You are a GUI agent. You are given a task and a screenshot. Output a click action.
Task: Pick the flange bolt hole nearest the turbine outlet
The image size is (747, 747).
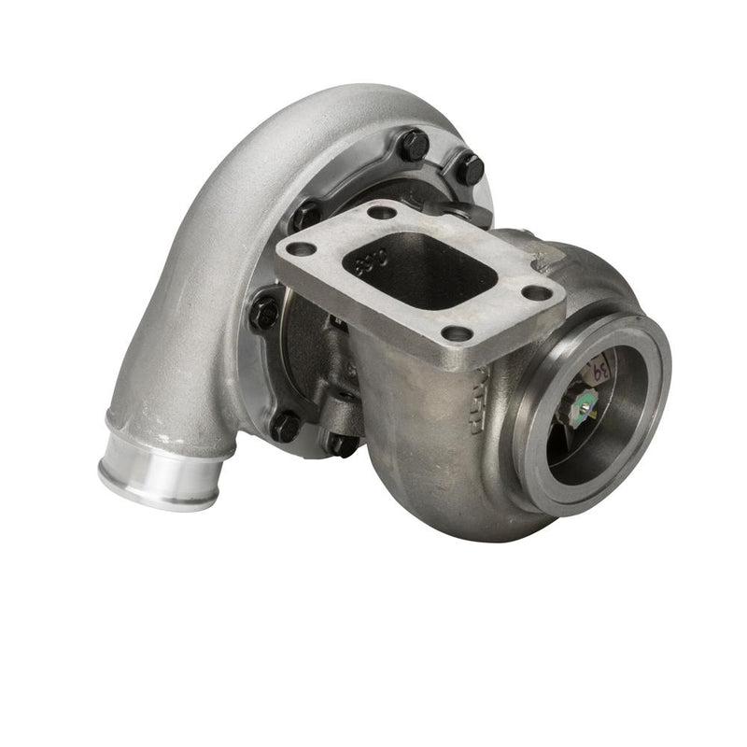click(x=537, y=293)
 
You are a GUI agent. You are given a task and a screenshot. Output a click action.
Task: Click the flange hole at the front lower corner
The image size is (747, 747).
click(x=457, y=332)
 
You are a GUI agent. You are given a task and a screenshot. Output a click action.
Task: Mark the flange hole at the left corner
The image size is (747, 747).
click(x=300, y=249)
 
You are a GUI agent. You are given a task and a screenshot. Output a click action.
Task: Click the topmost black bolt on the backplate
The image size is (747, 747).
click(x=414, y=145)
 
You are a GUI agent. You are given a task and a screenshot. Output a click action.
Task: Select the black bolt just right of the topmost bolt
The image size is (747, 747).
click(x=469, y=169)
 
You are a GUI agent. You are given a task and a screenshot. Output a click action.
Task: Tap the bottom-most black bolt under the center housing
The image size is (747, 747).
click(x=343, y=443)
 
